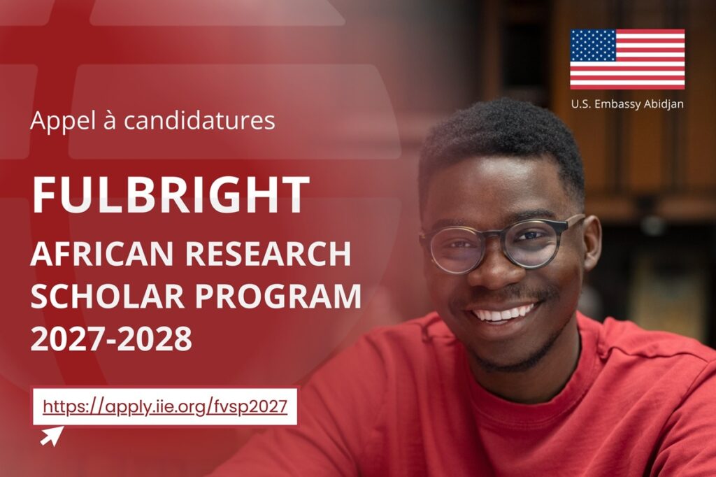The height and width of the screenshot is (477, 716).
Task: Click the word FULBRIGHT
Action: pyautogui.click(x=170, y=194)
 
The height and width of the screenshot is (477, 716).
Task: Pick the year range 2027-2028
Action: pyautogui.click(x=111, y=339)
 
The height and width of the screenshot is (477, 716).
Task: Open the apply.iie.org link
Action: pyautogui.click(x=165, y=406)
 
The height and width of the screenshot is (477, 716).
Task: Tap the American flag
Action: pyautogui.click(x=627, y=59)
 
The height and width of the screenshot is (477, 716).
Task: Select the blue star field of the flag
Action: pyautogui.click(x=593, y=45)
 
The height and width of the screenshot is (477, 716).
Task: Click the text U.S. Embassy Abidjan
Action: pyautogui.click(x=627, y=104)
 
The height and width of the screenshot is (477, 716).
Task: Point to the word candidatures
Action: pyautogui.click(x=199, y=120)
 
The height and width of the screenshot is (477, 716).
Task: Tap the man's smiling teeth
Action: pyautogui.click(x=505, y=312)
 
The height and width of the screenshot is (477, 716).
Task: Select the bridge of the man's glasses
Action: pyautogui.click(x=499, y=239)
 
